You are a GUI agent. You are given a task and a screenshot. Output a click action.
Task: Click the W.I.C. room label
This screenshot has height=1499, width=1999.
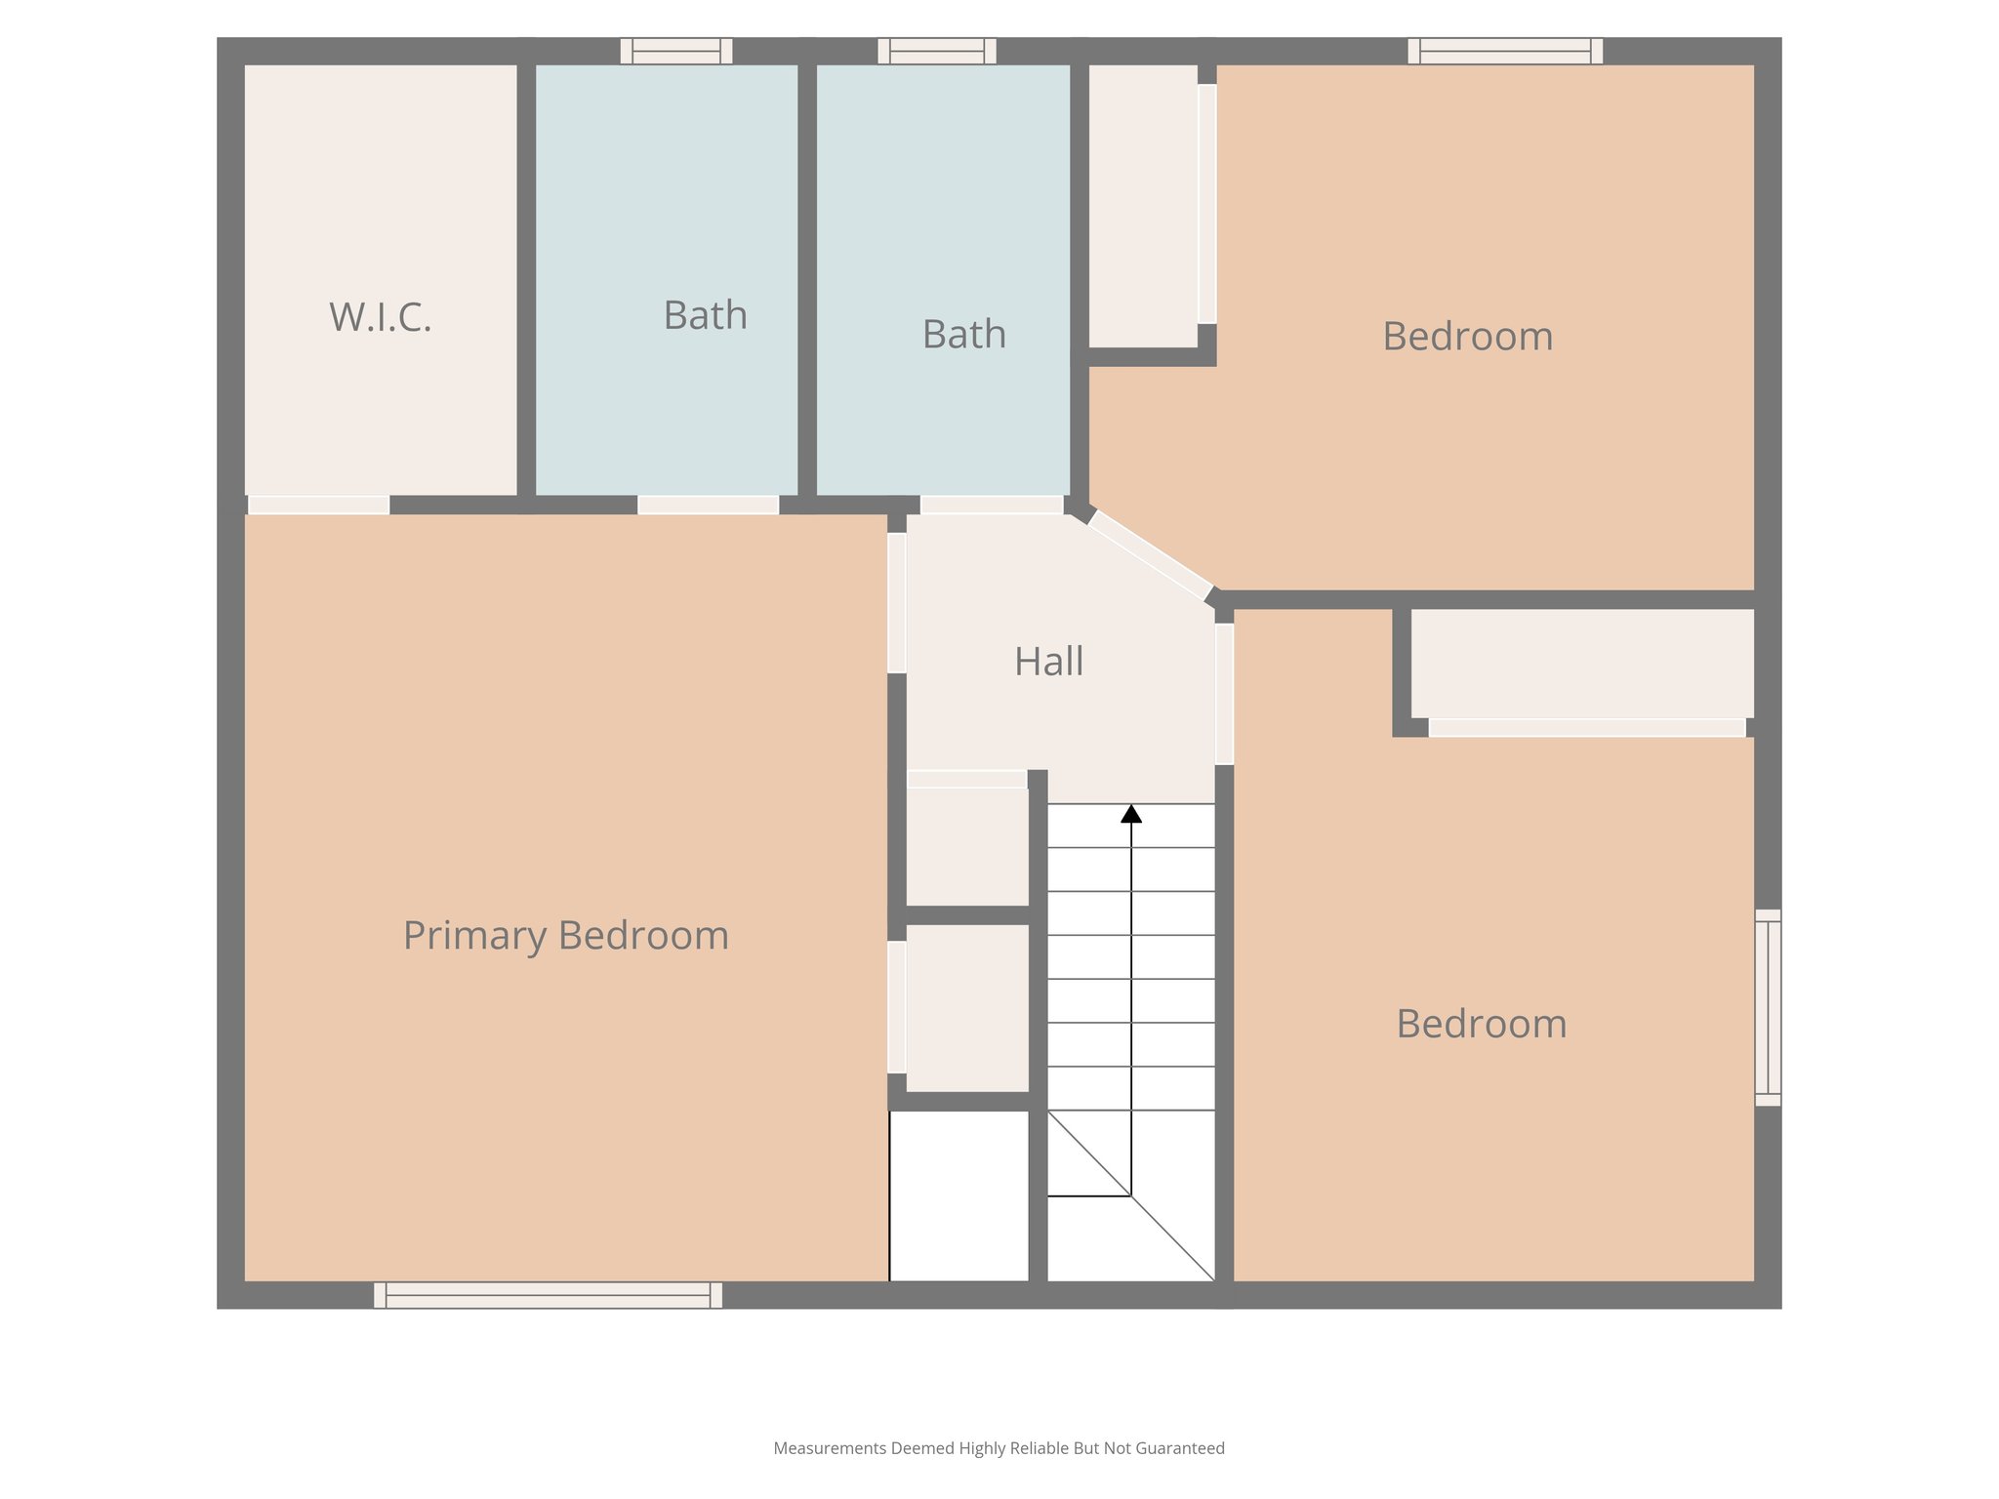click(x=381, y=318)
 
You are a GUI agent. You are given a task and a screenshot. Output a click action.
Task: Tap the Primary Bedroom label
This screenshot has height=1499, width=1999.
click(x=566, y=936)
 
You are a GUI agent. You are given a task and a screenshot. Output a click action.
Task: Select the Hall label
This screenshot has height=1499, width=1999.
click(x=1048, y=662)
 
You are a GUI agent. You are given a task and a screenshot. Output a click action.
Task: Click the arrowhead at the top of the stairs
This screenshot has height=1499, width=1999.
click(x=1131, y=814)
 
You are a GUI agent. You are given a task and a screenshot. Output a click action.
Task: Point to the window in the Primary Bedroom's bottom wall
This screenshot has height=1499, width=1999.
click(x=548, y=1295)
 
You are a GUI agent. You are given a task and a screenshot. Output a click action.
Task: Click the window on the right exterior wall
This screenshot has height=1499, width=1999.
click(x=1768, y=1007)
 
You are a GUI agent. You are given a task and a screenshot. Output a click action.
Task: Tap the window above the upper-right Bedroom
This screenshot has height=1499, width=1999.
click(x=1505, y=51)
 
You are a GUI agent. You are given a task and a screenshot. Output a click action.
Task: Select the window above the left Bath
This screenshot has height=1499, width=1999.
click(x=676, y=51)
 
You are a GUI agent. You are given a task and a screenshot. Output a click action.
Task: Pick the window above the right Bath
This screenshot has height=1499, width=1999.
click(x=937, y=51)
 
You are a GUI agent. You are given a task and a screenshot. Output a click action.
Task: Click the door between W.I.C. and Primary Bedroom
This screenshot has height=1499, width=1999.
click(x=319, y=505)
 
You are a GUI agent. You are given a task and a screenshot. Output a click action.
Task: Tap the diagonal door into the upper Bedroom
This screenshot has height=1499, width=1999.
click(x=1150, y=554)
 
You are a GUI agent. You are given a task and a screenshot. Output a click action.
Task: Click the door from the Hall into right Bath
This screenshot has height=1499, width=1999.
click(x=992, y=505)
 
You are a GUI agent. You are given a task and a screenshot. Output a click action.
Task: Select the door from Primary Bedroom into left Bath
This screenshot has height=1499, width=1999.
click(x=708, y=505)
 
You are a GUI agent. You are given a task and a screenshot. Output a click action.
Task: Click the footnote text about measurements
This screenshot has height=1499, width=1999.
click(x=999, y=1448)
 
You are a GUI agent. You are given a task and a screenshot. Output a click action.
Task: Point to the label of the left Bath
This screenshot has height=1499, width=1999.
click(x=705, y=316)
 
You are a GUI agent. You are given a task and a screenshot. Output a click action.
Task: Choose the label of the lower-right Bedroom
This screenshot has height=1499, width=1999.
click(x=1481, y=1025)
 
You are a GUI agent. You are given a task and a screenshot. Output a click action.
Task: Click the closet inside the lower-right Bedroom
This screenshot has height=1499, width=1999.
click(x=1582, y=664)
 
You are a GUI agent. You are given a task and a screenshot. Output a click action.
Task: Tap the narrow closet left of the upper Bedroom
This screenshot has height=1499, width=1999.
click(x=1143, y=205)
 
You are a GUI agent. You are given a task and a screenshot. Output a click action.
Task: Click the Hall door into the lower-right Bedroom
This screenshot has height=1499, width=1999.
click(x=1224, y=694)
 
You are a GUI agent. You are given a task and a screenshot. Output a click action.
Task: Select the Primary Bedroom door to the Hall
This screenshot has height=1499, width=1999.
click(x=896, y=602)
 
